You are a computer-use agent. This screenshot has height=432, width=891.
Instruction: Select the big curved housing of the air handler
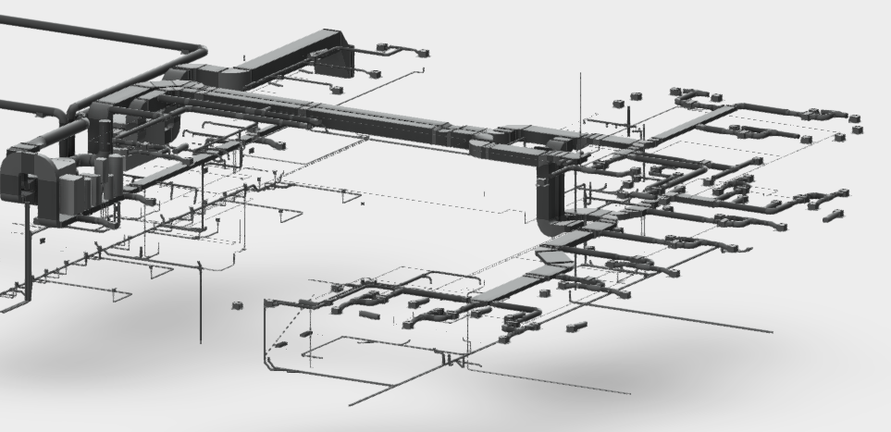click(x=22, y=179)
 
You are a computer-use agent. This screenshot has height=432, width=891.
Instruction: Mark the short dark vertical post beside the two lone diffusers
click(x=626, y=118)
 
